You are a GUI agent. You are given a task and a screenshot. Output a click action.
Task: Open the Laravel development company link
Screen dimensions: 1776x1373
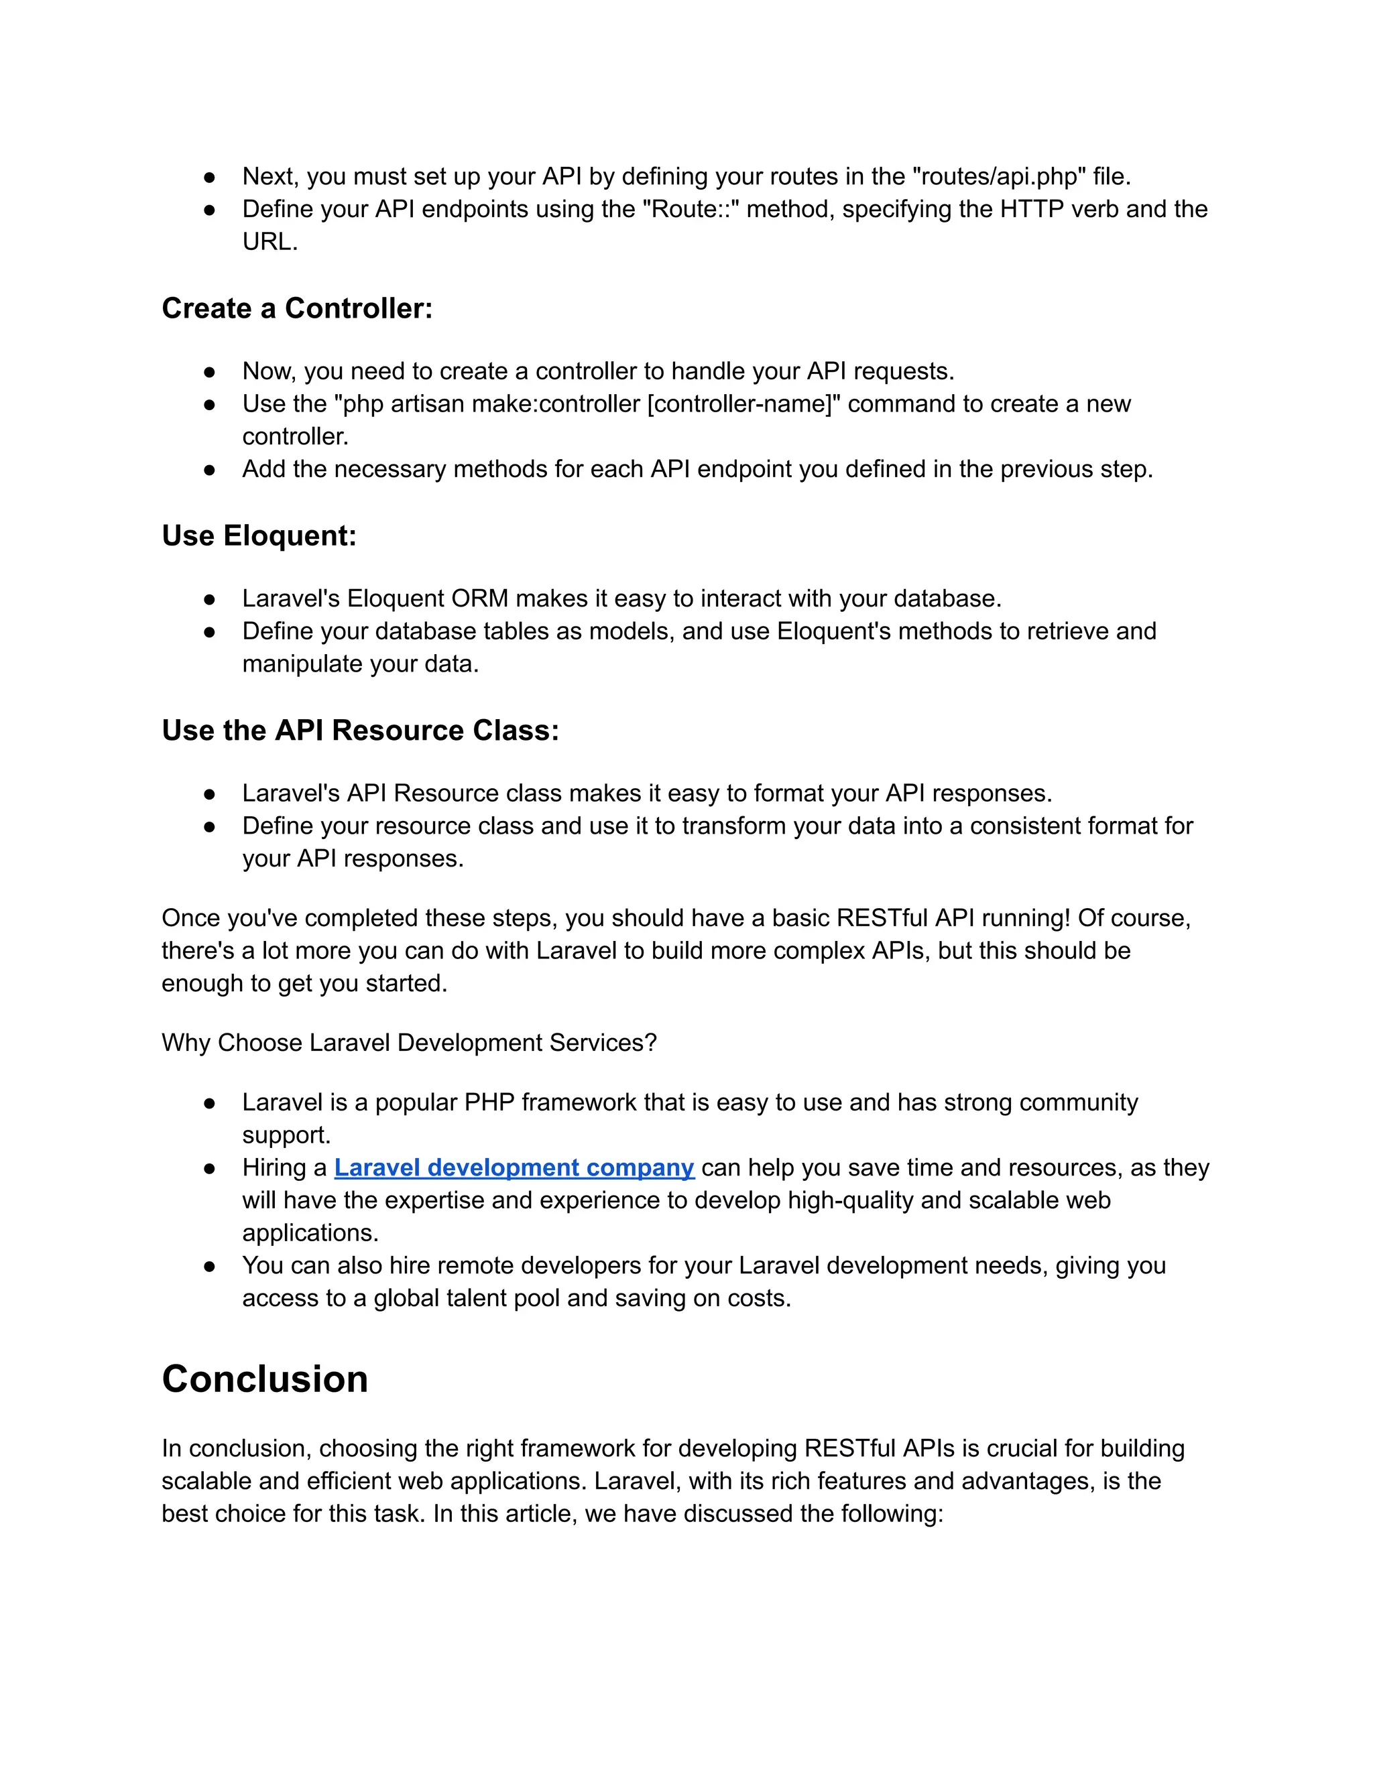(x=514, y=1167)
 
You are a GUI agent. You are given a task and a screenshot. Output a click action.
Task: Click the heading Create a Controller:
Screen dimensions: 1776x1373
(x=297, y=308)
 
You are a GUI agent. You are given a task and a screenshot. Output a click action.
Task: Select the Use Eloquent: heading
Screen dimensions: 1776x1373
(x=259, y=536)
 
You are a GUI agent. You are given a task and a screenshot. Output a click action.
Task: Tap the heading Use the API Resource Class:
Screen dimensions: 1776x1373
(x=360, y=731)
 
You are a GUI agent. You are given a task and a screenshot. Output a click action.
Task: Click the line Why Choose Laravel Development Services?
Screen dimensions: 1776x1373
(x=408, y=1043)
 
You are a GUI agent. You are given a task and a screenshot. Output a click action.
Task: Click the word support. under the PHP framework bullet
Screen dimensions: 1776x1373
(x=286, y=1135)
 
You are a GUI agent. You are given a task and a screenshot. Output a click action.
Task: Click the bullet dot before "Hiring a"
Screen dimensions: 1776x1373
(x=209, y=1169)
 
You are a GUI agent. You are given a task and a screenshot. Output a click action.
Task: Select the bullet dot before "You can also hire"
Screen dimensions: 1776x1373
(x=209, y=1266)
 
